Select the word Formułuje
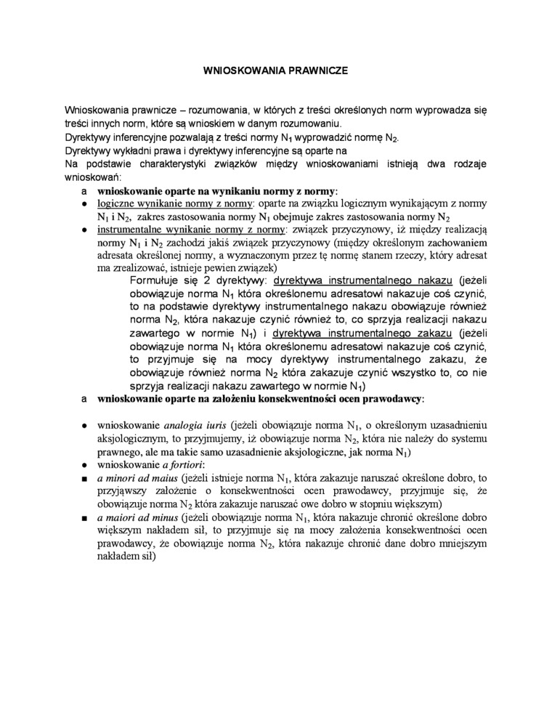153,280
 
